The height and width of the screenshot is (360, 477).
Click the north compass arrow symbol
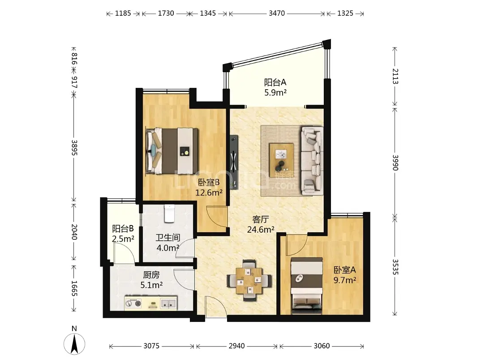pos(74,344)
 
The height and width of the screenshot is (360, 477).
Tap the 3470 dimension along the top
pos(277,13)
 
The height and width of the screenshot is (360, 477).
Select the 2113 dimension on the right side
pos(395,76)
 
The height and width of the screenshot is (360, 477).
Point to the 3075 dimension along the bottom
pos(151,346)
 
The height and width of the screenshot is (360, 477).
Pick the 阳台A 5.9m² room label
pos(275,87)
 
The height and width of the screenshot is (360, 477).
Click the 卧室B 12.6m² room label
pos(209,187)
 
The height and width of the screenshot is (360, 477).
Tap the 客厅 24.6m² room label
pos(261,225)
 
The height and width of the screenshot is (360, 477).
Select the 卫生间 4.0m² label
pos(168,243)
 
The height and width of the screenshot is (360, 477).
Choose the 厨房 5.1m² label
pos(151,280)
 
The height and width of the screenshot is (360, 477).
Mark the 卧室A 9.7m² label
pos(345,275)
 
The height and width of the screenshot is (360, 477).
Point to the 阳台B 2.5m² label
pos(123,234)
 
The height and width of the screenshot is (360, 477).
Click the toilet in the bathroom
pos(169,213)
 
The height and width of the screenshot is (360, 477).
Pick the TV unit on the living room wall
pos(234,162)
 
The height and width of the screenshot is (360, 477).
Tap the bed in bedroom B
pos(172,151)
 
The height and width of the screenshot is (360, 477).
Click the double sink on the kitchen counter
pos(168,304)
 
